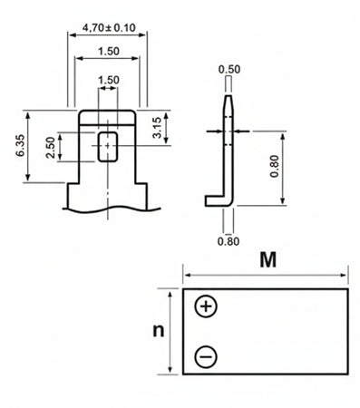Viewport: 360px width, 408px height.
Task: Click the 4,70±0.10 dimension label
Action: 106,28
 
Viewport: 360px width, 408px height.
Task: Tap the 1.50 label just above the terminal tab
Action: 107,80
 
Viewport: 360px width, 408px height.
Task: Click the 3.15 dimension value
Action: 158,128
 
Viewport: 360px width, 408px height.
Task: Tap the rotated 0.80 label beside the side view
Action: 275,167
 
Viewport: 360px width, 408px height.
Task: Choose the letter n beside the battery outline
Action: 157,331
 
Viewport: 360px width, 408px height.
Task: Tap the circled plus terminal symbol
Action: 207,306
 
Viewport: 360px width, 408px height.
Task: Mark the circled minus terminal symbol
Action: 207,357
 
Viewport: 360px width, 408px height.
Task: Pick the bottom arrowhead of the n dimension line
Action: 170,369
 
